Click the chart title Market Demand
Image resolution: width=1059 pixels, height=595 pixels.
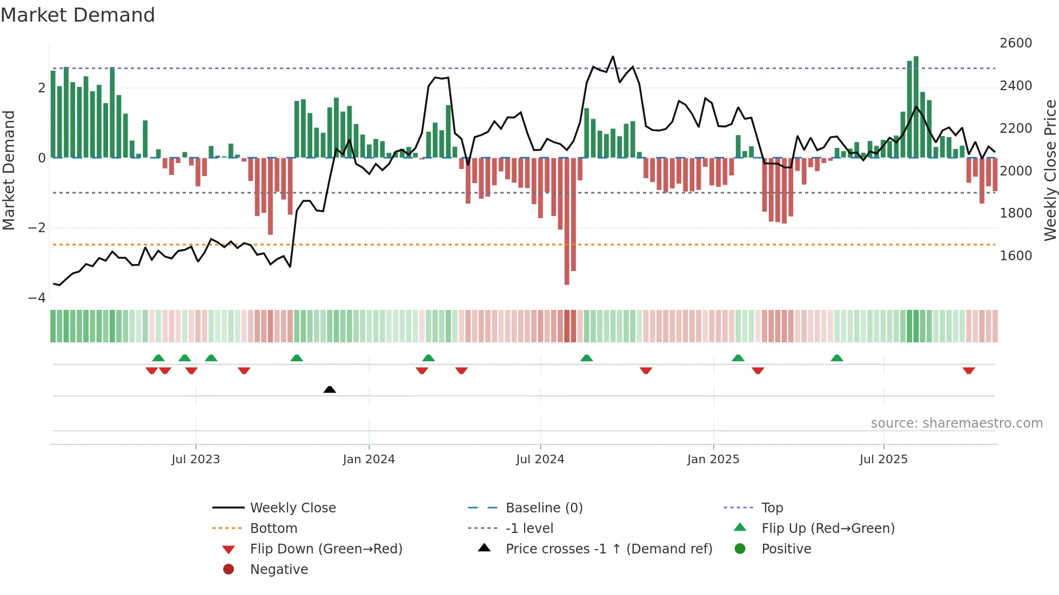coord(78,15)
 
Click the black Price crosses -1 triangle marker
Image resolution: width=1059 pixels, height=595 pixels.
coord(330,389)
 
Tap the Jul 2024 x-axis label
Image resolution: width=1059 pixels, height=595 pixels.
coord(540,459)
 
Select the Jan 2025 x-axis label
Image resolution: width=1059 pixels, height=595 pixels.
coord(713,459)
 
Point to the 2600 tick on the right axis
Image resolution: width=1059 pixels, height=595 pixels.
coord(1016,43)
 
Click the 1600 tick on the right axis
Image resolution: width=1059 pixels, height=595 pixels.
coord(1016,256)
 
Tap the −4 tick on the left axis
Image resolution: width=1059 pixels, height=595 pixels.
coord(37,298)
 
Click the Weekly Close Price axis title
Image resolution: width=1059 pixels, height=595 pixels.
coord(1050,170)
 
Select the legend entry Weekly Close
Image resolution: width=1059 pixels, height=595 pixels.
coord(293,508)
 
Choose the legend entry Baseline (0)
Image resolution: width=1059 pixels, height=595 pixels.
coord(544,508)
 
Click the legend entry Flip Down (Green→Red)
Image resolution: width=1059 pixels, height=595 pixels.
coord(326,549)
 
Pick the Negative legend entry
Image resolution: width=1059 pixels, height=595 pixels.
coord(279,570)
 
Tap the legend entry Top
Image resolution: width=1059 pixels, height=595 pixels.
coord(772,508)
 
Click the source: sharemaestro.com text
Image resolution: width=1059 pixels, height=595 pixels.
coord(956,423)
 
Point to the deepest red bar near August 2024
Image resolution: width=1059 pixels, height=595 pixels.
coord(567,221)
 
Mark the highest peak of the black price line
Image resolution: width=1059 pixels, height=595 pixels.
coord(613,56)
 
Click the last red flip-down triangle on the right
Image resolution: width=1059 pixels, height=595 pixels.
coord(968,371)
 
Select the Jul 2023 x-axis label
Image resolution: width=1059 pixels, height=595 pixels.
coord(196,459)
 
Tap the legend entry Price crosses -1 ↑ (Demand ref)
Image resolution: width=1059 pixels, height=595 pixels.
coord(609,549)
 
